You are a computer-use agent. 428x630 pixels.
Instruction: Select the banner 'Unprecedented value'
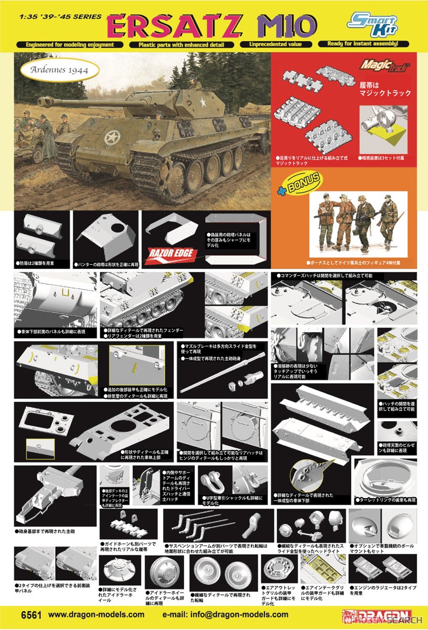(276, 45)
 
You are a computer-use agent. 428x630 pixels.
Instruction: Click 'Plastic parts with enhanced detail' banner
(181, 45)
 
